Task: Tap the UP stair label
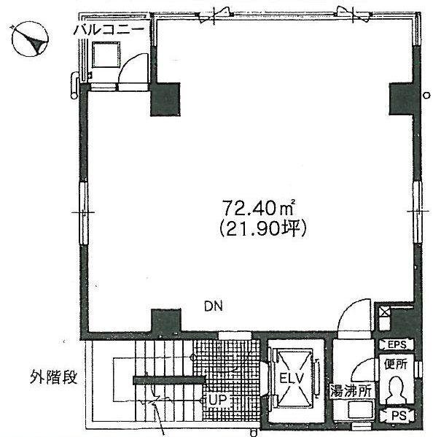click(x=216, y=399)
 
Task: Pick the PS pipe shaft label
click(x=395, y=415)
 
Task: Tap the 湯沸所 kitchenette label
click(x=352, y=390)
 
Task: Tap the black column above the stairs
click(x=165, y=322)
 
